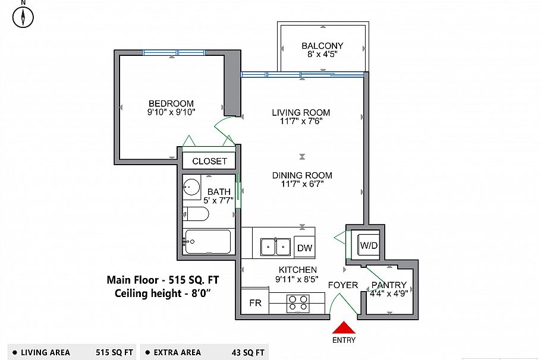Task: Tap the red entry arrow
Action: pyautogui.click(x=344, y=327)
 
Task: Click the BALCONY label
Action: pyautogui.click(x=322, y=46)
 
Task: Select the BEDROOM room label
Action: pyautogui.click(x=171, y=103)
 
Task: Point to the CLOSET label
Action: pyautogui.click(x=209, y=161)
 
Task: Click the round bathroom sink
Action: pyautogui.click(x=191, y=187)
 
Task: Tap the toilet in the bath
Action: pyautogui.click(x=196, y=214)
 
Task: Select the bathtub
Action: pyautogui.click(x=207, y=241)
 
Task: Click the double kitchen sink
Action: pyautogui.click(x=275, y=246)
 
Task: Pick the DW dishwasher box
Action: pyautogui.click(x=304, y=248)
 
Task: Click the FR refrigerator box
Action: pyautogui.click(x=255, y=302)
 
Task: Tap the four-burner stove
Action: pyautogui.click(x=298, y=304)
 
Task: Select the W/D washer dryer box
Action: pyautogui.click(x=368, y=245)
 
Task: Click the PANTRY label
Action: pyautogui.click(x=389, y=285)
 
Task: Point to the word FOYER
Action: pyautogui.click(x=343, y=285)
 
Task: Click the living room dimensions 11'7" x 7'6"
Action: pyautogui.click(x=301, y=122)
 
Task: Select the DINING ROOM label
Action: pyautogui.click(x=302, y=175)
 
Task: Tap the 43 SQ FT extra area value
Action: pyautogui.click(x=248, y=352)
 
